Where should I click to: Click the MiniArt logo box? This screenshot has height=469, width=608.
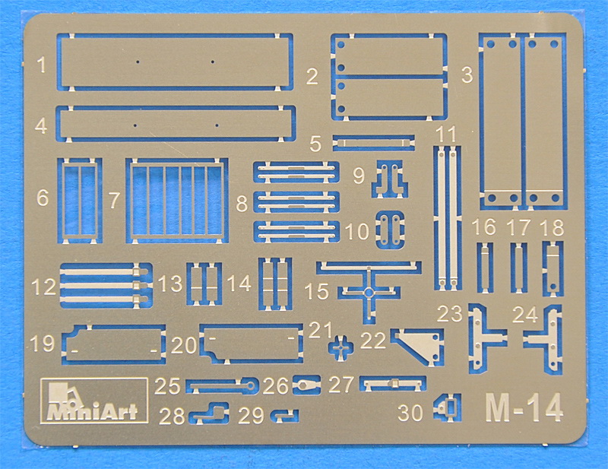pos(93,401)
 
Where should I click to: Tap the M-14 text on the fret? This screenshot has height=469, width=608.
pos(524,407)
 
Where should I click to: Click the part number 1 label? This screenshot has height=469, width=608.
pos(42,65)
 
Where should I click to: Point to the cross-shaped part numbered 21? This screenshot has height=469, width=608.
pos(340,347)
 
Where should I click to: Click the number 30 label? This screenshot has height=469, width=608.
pos(410,413)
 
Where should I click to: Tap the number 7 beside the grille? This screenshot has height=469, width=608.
pos(113,201)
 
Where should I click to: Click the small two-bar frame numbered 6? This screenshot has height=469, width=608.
pos(80,201)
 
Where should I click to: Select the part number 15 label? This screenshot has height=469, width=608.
pos(317,291)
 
